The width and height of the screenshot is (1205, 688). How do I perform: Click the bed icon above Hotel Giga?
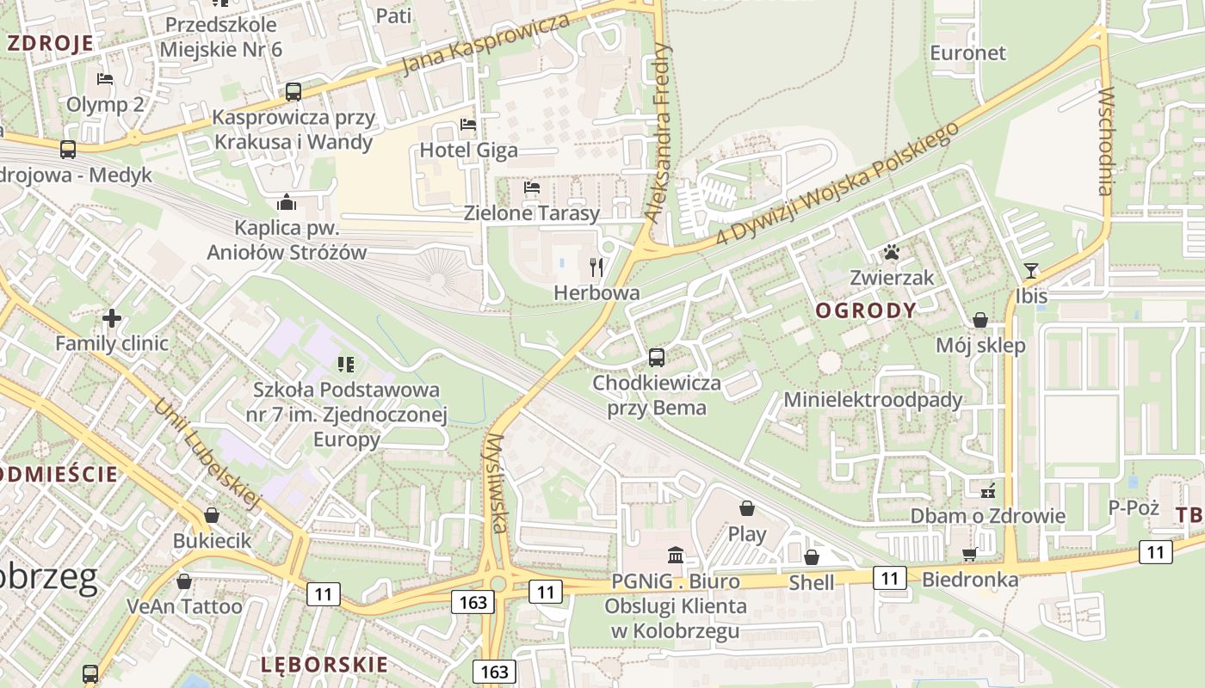point(468,125)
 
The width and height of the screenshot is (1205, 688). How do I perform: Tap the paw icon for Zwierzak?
point(891,252)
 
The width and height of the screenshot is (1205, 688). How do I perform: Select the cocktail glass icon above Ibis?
point(1031,271)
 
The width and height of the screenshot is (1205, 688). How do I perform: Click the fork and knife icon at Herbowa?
point(596,267)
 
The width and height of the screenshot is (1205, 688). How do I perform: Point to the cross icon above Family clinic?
point(112,318)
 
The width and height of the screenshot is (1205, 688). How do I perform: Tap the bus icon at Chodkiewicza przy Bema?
point(657,357)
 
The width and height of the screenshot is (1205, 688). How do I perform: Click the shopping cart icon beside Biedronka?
point(970,555)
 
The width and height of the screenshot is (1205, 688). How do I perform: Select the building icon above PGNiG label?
point(676,555)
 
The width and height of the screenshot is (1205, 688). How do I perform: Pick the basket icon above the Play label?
point(747,508)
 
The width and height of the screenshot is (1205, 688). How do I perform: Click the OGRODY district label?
point(866,310)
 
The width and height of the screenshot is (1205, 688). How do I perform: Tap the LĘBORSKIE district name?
point(324,664)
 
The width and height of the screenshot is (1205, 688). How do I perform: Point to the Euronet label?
point(967,52)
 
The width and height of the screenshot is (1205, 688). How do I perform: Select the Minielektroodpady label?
point(873,400)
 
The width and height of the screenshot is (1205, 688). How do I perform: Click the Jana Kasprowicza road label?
point(486,44)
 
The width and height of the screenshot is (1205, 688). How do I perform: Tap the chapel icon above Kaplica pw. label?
point(287,202)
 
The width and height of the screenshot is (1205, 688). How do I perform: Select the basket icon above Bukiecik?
point(212,515)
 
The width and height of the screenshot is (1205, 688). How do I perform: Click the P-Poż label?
point(1134,507)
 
